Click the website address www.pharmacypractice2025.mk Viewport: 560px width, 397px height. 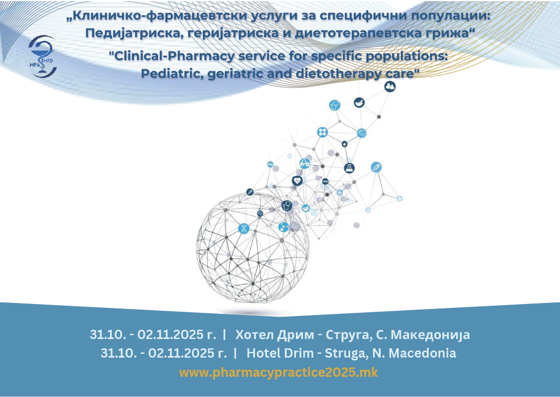click(278, 373)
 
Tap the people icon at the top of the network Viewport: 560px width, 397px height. click(390, 86)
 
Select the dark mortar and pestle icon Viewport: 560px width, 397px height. click(359, 102)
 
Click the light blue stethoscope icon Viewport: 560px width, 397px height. click(335, 106)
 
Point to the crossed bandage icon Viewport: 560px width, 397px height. click(323, 132)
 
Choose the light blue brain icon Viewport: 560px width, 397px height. click(362, 133)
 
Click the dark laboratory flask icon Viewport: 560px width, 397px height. click(349, 168)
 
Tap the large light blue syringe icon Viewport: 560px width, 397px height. click(376, 167)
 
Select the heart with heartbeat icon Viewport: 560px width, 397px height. click(297, 180)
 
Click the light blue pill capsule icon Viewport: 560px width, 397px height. click(304, 164)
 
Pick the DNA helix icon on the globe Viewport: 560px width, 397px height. click(244, 229)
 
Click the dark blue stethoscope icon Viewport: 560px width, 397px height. click(287, 206)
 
